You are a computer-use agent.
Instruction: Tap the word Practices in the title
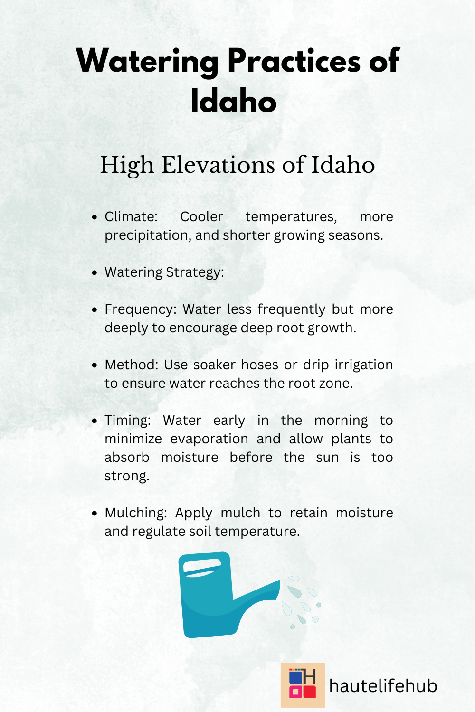(294, 62)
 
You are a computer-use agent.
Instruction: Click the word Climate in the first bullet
(131, 217)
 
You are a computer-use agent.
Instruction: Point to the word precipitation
(148, 235)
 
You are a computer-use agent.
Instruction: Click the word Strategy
(194, 272)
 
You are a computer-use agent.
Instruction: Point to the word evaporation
(209, 439)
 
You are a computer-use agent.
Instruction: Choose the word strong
(127, 476)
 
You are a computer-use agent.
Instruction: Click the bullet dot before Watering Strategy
(95, 273)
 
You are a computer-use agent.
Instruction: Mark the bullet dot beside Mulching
(95, 514)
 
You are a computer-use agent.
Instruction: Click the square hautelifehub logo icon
(303, 685)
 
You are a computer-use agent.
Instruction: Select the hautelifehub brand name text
(383, 686)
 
